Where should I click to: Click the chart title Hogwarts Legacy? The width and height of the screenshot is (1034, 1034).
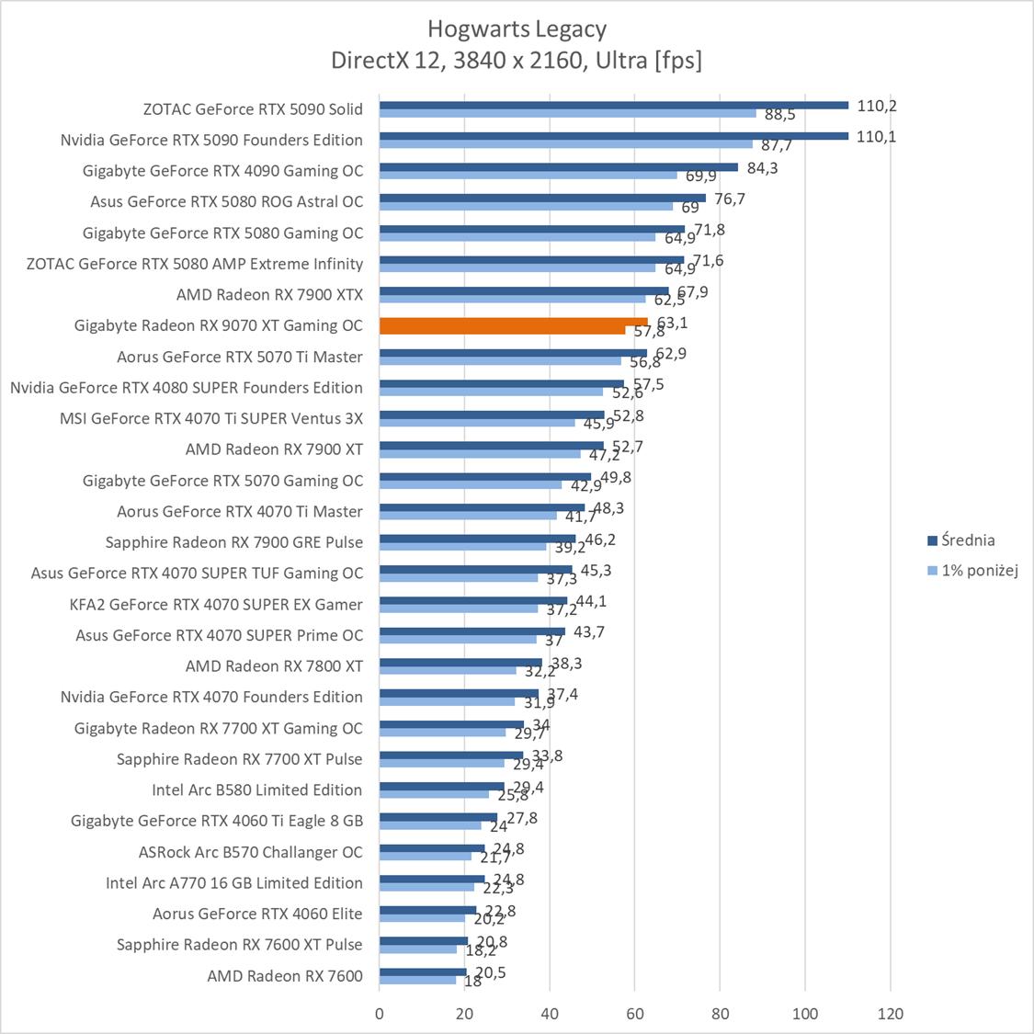click(517, 29)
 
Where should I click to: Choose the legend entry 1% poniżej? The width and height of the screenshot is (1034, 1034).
click(979, 571)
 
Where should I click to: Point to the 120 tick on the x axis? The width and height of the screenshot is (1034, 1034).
click(890, 1014)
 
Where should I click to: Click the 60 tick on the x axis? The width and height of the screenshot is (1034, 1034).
click(634, 1014)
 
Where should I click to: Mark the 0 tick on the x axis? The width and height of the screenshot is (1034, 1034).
click(380, 1014)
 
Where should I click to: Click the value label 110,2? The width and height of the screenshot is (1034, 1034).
click(877, 106)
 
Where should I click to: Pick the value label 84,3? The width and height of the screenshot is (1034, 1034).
click(761, 167)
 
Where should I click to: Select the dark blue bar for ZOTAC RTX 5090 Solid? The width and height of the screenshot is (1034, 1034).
click(613, 105)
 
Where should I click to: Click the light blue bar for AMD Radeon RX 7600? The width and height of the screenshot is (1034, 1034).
click(417, 980)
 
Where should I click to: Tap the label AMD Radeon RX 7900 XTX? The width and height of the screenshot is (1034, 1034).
click(269, 295)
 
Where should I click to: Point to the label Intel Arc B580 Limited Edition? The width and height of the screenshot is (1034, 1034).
click(256, 790)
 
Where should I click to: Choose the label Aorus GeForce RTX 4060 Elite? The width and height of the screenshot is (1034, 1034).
click(257, 914)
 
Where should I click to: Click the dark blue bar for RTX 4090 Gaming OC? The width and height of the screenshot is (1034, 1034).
click(558, 166)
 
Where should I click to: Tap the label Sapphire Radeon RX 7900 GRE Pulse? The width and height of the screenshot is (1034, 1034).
click(233, 542)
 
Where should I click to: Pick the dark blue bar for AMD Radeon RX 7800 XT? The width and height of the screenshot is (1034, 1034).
click(460, 662)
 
